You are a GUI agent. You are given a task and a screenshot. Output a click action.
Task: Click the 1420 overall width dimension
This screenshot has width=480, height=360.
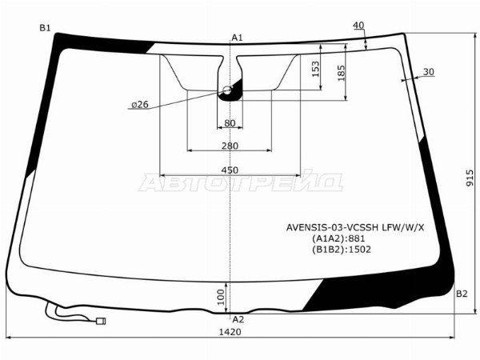pyautogui.click(x=230, y=331)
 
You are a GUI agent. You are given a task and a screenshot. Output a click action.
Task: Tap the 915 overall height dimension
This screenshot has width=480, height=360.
pyautogui.click(x=470, y=178)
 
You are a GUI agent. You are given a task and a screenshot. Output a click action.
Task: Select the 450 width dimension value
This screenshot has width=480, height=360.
pyautogui.click(x=230, y=170)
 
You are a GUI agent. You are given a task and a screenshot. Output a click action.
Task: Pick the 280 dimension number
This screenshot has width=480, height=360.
pyautogui.click(x=230, y=146)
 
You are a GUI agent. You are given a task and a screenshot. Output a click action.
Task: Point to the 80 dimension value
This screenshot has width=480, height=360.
pyautogui.click(x=230, y=123)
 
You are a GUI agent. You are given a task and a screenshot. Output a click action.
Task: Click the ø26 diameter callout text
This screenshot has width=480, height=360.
pyautogui.click(x=140, y=105)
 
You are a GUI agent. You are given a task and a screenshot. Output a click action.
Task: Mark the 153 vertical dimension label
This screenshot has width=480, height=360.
pyautogui.click(x=315, y=69)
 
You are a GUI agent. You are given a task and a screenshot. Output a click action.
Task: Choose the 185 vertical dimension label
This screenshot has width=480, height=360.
pyautogui.click(x=341, y=73)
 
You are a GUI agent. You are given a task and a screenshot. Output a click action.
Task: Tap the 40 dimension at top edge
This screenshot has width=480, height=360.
pyautogui.click(x=358, y=25)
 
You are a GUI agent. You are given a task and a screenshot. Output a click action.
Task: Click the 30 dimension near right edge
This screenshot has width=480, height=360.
pyautogui.click(x=429, y=72)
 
